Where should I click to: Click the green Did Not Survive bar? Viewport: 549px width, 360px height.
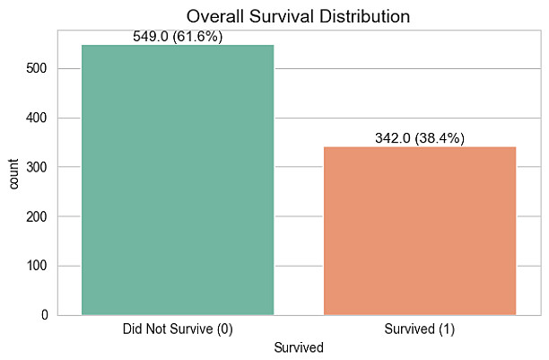pyautogui.click(x=178, y=180)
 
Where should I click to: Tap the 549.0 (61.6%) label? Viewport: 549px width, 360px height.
pyautogui.click(x=178, y=37)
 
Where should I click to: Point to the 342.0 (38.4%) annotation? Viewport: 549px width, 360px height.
pyautogui.click(x=420, y=138)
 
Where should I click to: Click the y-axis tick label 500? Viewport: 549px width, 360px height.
pyautogui.click(x=43, y=69)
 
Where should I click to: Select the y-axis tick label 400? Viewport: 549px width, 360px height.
pyautogui.click(x=43, y=119)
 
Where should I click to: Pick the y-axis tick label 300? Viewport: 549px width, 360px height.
pyautogui.click(x=43, y=168)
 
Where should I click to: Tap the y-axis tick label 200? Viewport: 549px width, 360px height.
pyautogui.click(x=43, y=217)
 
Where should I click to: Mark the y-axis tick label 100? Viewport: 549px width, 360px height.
pyautogui.click(x=43, y=267)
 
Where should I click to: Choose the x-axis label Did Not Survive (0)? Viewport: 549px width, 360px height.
pyautogui.click(x=178, y=329)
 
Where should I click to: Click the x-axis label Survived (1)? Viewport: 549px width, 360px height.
pyautogui.click(x=420, y=329)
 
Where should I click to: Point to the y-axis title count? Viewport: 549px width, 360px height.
pyautogui.click(x=13, y=172)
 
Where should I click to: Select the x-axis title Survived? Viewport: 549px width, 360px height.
pyautogui.click(x=299, y=347)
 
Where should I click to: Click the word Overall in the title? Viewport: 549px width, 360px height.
pyautogui.click(x=217, y=16)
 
